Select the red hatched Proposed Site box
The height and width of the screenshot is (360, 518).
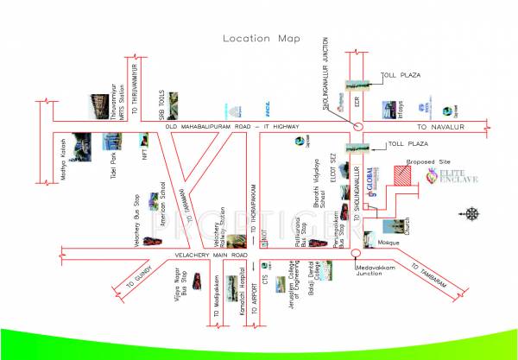pyautogui.click(x=403, y=174)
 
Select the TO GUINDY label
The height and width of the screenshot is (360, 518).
pyautogui.click(x=139, y=275)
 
